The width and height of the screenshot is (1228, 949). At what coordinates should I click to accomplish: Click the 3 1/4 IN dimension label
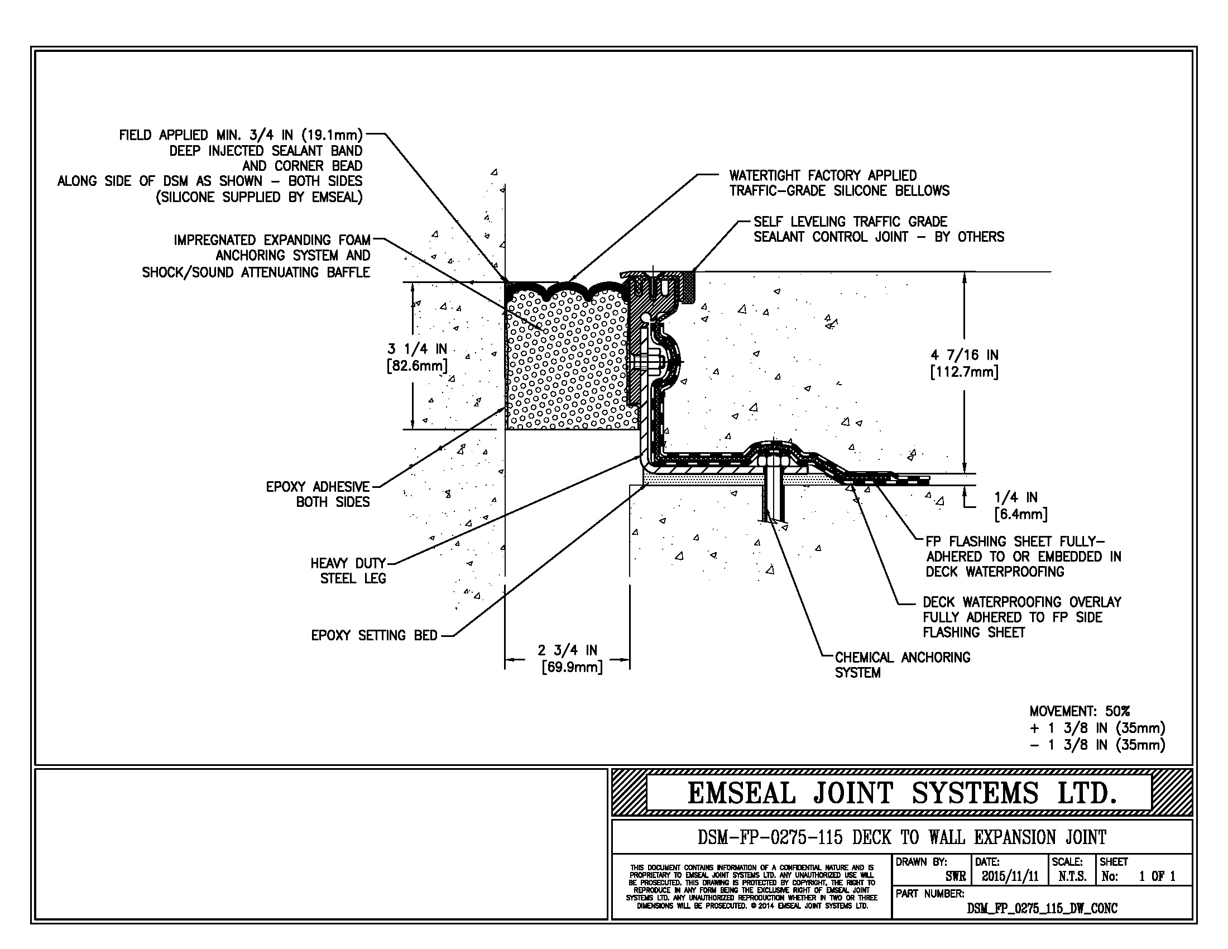point(416,357)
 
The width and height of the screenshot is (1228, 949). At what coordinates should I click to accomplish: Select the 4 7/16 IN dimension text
point(964,363)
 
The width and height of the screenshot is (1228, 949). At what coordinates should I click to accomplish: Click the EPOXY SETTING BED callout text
point(374,635)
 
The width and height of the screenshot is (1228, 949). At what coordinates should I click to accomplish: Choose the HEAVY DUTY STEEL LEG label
point(349,571)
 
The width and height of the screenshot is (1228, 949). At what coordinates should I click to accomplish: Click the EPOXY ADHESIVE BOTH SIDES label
point(318,494)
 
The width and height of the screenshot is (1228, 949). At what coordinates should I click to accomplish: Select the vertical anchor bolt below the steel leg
point(773,495)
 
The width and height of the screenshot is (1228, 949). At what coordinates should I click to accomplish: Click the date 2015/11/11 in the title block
point(1010,876)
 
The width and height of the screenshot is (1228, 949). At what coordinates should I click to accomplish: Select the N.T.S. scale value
point(1072,876)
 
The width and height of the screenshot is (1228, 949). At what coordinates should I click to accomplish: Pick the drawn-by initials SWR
point(955,876)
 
